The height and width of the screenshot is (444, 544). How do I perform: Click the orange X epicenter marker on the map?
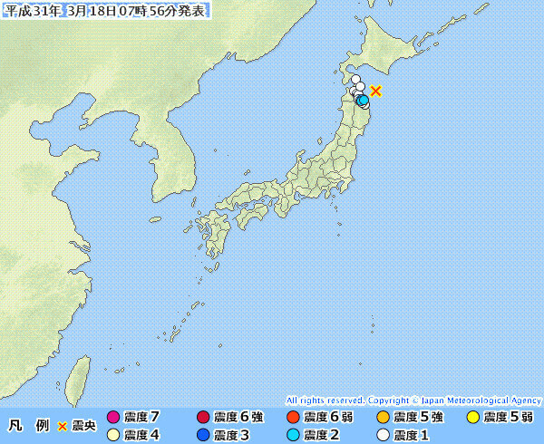[376, 91]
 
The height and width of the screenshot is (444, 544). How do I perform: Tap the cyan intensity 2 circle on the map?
[363, 100]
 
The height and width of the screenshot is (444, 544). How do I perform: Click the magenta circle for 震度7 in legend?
[113, 418]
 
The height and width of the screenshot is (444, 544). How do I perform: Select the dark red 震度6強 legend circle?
[202, 418]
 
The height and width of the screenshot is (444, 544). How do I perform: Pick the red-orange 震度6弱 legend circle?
[292, 418]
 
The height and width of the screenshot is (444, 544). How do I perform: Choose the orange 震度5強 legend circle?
[382, 418]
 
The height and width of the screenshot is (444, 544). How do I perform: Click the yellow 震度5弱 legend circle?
[472, 418]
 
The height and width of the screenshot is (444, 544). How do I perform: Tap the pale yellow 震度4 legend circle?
[113, 435]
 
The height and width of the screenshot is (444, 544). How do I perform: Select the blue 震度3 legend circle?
[202, 435]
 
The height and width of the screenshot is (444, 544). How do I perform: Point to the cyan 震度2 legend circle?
[292, 435]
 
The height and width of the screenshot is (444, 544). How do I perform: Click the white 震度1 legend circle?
[382, 435]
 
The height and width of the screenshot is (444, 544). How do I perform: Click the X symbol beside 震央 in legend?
[63, 426]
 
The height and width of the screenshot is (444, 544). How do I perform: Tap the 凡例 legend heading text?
[28, 426]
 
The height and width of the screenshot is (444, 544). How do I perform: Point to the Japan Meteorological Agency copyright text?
[413, 401]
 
